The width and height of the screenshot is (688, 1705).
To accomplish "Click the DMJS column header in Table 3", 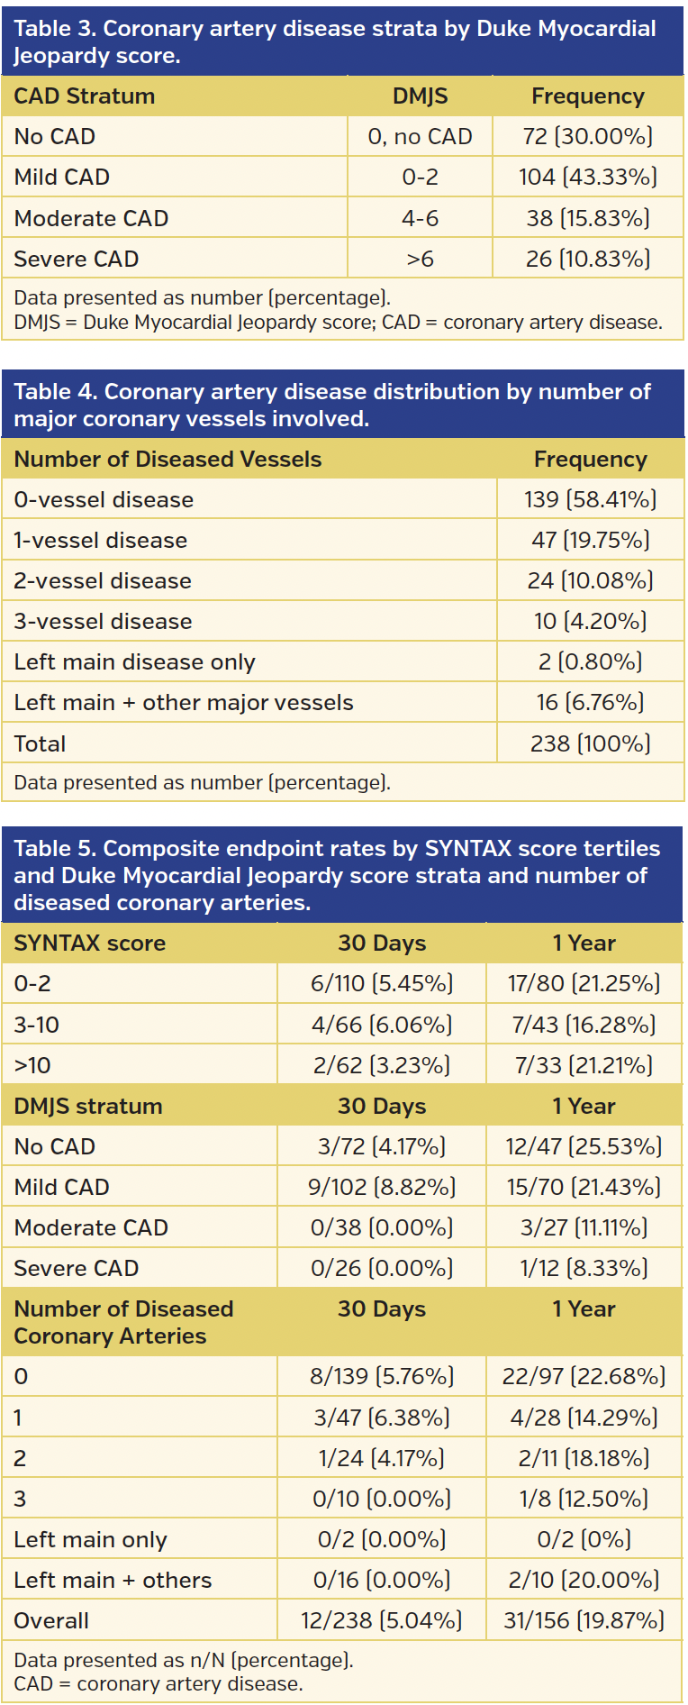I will (x=420, y=96).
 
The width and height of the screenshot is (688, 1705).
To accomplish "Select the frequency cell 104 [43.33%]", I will (x=588, y=177).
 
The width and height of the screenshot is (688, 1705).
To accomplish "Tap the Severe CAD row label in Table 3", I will (x=77, y=260).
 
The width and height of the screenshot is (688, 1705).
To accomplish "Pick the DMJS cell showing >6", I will (x=420, y=260).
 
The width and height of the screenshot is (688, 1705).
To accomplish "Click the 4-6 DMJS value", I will (x=420, y=218).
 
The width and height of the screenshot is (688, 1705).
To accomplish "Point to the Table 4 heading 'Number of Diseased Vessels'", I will (x=167, y=460).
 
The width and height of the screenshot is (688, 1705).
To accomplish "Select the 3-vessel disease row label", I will (x=103, y=622).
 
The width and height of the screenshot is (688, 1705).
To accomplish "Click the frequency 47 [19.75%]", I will (x=590, y=541).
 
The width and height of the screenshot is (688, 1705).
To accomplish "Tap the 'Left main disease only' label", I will (x=134, y=662).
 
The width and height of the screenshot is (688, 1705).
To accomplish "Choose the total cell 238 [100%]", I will (x=590, y=743).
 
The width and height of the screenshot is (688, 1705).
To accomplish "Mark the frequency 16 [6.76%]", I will (x=590, y=703).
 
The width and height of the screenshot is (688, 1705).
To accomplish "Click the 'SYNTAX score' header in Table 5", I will (x=89, y=944).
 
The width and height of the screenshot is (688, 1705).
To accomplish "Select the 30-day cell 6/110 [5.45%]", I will (x=382, y=984).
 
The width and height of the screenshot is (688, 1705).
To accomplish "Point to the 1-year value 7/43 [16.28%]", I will (x=584, y=1025).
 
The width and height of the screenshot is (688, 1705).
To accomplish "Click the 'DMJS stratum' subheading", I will (x=88, y=1107).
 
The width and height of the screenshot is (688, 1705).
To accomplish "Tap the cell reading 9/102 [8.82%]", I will (x=382, y=1188).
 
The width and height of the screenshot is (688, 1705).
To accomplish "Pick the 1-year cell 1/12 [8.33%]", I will (x=584, y=1269).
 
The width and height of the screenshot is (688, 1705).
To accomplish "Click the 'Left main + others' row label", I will (x=113, y=1581).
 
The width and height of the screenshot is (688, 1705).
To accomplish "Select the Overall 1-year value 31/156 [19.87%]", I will (x=584, y=1621).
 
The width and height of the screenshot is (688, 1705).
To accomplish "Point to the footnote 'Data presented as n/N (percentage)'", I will (x=184, y=1660).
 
